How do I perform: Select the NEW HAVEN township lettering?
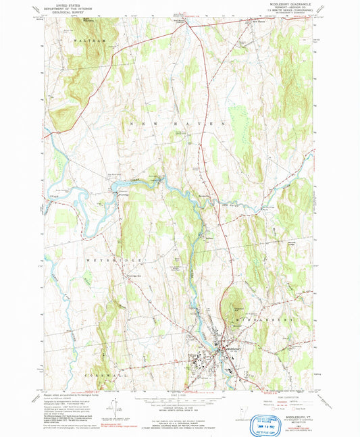pos(173,125)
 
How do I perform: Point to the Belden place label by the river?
pos(209,237)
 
